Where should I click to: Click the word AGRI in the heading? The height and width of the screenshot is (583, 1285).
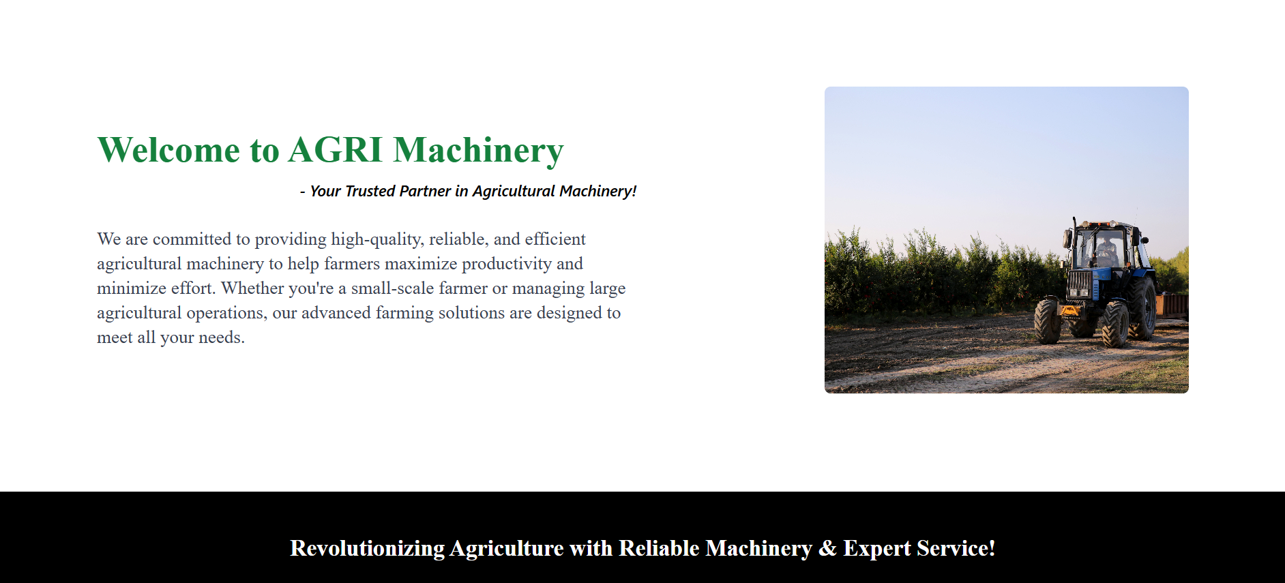(336, 150)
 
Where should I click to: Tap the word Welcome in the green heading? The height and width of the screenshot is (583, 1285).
(168, 150)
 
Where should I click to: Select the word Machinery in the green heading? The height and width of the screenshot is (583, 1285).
(479, 151)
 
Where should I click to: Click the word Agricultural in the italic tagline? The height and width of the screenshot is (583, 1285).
(514, 191)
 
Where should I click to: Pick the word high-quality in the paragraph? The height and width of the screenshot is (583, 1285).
(377, 239)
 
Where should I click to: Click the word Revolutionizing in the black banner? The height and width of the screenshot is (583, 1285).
(368, 549)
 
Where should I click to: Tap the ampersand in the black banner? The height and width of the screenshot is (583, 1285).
(827, 549)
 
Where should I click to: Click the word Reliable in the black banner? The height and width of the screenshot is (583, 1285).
(659, 548)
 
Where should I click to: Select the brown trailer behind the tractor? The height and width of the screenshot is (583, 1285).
(1172, 305)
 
